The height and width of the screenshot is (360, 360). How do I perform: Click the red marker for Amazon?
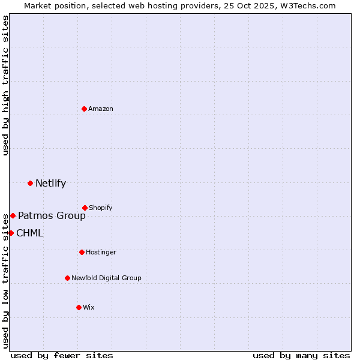click(x=84, y=109)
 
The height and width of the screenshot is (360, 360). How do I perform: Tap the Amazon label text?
click(x=101, y=109)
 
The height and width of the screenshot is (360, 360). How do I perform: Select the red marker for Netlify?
click(x=30, y=183)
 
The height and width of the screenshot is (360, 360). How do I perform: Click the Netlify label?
click(x=50, y=184)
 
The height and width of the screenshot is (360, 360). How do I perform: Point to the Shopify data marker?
click(x=85, y=208)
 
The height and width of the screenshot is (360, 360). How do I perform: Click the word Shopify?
click(x=100, y=208)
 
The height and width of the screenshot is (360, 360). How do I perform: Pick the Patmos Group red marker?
click(x=13, y=215)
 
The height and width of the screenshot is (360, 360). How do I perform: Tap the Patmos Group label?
click(x=52, y=216)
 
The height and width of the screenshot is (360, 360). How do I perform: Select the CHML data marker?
click(x=11, y=233)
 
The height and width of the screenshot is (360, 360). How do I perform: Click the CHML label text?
click(x=29, y=233)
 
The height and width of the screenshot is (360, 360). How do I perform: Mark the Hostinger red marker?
click(x=82, y=252)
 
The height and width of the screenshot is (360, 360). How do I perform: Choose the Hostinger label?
click(x=101, y=253)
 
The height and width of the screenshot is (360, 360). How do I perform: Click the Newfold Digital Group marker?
click(x=67, y=278)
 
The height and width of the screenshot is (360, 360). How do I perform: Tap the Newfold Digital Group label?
click(x=106, y=278)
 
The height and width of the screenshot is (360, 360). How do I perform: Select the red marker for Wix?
click(x=79, y=307)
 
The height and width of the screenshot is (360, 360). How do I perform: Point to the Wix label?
click(x=88, y=308)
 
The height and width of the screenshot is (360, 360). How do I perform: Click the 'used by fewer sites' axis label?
click(x=62, y=355)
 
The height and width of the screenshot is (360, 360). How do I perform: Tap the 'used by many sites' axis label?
click(x=301, y=355)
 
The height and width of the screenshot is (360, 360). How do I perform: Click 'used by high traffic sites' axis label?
click(x=5, y=85)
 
